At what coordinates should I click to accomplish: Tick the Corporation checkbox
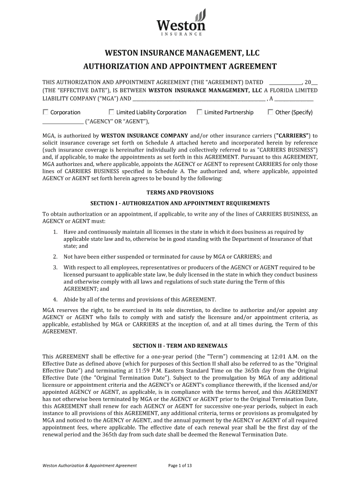click(45, 112)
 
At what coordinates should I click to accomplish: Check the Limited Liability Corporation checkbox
click(111, 112)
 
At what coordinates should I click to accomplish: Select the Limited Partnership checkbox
click(200, 112)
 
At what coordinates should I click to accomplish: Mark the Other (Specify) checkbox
click(270, 112)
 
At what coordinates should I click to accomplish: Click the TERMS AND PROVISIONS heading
click(180, 192)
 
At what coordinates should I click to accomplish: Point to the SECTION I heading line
click(180, 203)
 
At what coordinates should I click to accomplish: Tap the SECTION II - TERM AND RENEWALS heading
click(180, 346)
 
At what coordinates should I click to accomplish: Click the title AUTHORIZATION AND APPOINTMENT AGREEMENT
click(180, 66)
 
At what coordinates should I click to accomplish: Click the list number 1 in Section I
click(55, 232)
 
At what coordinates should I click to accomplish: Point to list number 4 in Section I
click(55, 299)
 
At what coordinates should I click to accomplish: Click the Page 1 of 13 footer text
click(180, 465)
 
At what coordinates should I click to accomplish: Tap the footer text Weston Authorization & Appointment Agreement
click(89, 465)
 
